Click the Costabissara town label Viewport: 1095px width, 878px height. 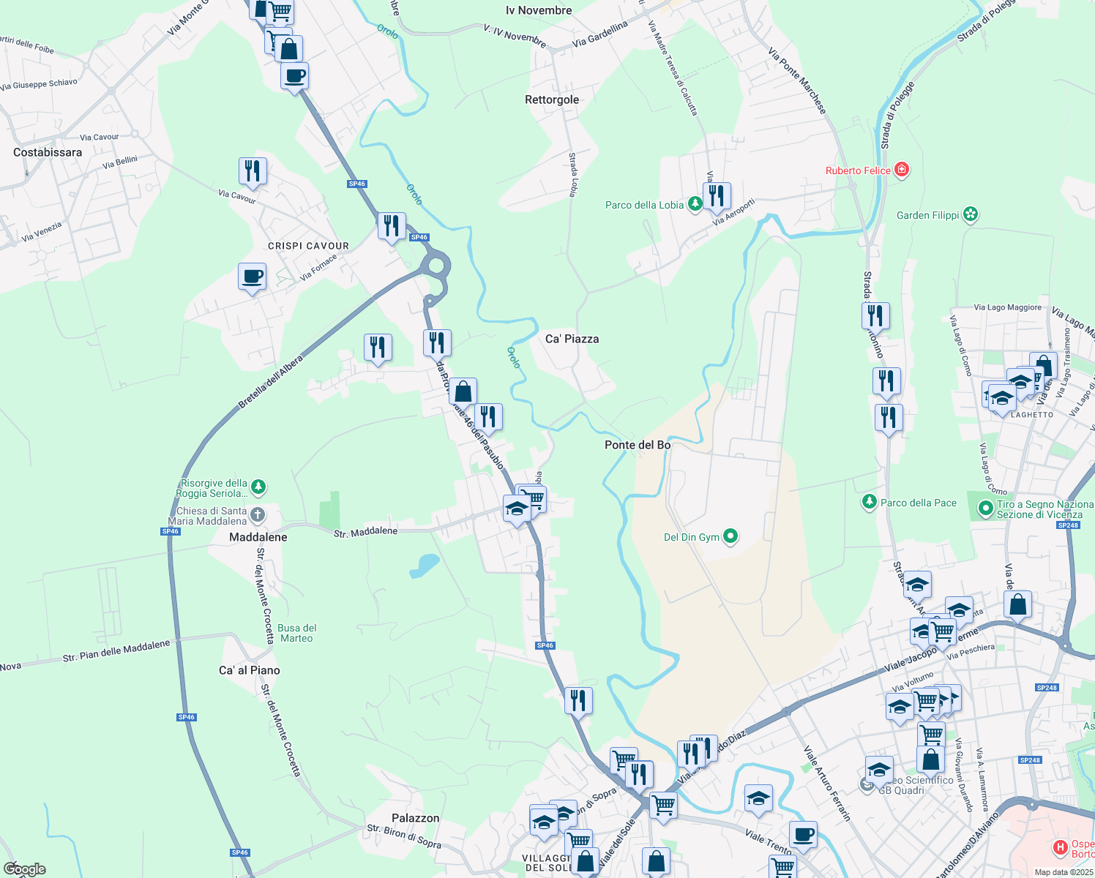48,152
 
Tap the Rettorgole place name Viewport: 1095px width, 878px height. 552,100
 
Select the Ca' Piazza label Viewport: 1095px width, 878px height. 572,339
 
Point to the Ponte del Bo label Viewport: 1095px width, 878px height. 637,445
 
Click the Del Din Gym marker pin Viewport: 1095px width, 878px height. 730,537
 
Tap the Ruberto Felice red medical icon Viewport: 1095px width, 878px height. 902,170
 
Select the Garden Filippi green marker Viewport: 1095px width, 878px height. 971,214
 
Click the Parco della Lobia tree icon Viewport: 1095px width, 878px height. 695,205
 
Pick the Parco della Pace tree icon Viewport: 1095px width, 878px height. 869,502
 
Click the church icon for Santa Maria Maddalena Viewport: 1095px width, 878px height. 258,515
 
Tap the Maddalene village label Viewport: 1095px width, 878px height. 258,537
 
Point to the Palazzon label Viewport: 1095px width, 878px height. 415,818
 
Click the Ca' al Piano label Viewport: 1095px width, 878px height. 250,670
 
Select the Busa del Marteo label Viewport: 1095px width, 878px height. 296,633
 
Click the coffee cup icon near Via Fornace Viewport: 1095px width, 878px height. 252,277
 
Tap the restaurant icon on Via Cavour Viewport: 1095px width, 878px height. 253,171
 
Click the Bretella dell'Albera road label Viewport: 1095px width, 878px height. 270,383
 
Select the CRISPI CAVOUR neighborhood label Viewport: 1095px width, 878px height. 308,246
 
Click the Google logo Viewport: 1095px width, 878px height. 24,869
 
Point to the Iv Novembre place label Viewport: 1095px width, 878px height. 539,10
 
